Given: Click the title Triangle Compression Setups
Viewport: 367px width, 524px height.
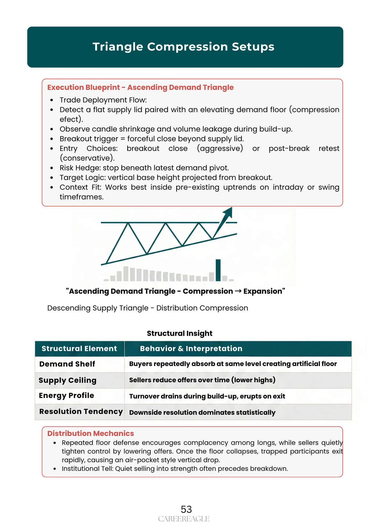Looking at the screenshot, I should pos(183,47).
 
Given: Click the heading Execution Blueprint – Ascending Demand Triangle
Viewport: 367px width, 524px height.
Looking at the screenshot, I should pos(140,88).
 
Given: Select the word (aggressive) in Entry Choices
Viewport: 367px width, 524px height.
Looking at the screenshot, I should pos(220,149).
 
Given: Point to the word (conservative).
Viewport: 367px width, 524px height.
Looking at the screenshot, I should pos(87,158).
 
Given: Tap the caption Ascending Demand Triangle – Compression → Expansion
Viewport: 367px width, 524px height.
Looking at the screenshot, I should pos(175,291).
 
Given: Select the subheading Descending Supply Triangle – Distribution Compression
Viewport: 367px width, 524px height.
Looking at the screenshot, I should pos(148,308).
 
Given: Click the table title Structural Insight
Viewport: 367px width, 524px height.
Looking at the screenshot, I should pos(180,334).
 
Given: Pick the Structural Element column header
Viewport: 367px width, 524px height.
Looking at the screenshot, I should pos(79,349).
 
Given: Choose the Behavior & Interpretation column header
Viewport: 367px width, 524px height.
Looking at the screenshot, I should pos(191,349).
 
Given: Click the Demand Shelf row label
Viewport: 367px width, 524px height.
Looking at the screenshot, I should pos(67,364).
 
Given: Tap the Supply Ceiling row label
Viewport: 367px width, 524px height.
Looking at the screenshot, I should pos(68,380).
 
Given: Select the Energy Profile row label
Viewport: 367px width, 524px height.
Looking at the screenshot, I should pos(66,396).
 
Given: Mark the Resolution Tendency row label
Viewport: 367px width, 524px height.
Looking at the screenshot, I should pos(81,412).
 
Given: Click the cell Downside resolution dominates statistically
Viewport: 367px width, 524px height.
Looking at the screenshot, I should pos(202,413).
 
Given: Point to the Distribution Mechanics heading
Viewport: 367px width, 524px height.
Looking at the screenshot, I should pos(90,434).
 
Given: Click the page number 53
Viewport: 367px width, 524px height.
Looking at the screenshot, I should pos(186,510).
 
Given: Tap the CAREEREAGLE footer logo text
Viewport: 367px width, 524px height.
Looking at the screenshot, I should pos(183,519).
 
